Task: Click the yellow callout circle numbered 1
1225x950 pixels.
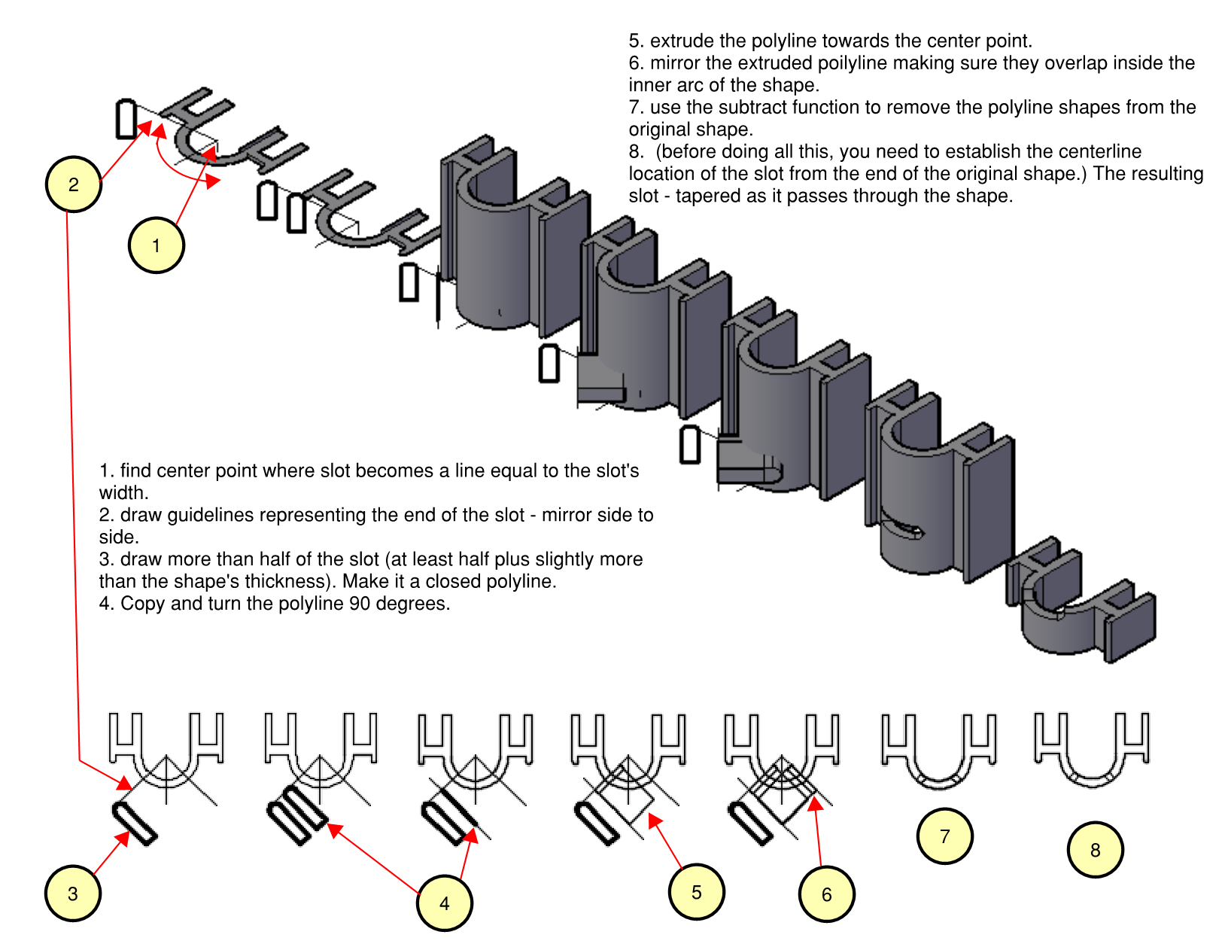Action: click(x=156, y=245)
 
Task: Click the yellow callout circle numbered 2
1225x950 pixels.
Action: click(x=73, y=184)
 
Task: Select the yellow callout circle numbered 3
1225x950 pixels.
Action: click(x=72, y=894)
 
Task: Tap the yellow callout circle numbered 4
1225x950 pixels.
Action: click(x=444, y=903)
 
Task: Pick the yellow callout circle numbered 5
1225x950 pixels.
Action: click(x=696, y=892)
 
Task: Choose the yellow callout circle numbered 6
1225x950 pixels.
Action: click(x=826, y=894)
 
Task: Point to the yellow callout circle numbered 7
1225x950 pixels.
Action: click(x=944, y=836)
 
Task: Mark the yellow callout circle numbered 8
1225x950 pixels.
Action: click(x=1095, y=850)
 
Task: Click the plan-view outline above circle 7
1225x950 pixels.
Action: click(x=938, y=750)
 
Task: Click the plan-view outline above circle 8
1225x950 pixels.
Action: click(x=1092, y=748)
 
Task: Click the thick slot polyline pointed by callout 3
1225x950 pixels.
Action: click(x=135, y=823)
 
